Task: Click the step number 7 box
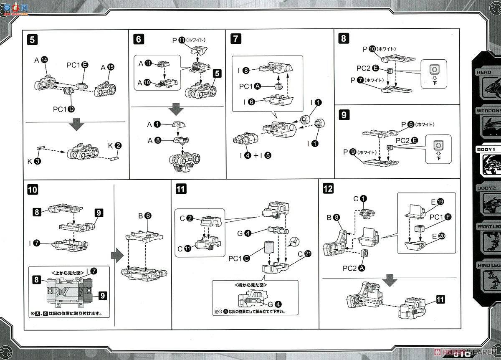click(236, 39)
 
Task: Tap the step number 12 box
click(328, 188)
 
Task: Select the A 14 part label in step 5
click(41, 60)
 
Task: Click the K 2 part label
click(114, 146)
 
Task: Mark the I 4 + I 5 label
click(256, 155)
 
